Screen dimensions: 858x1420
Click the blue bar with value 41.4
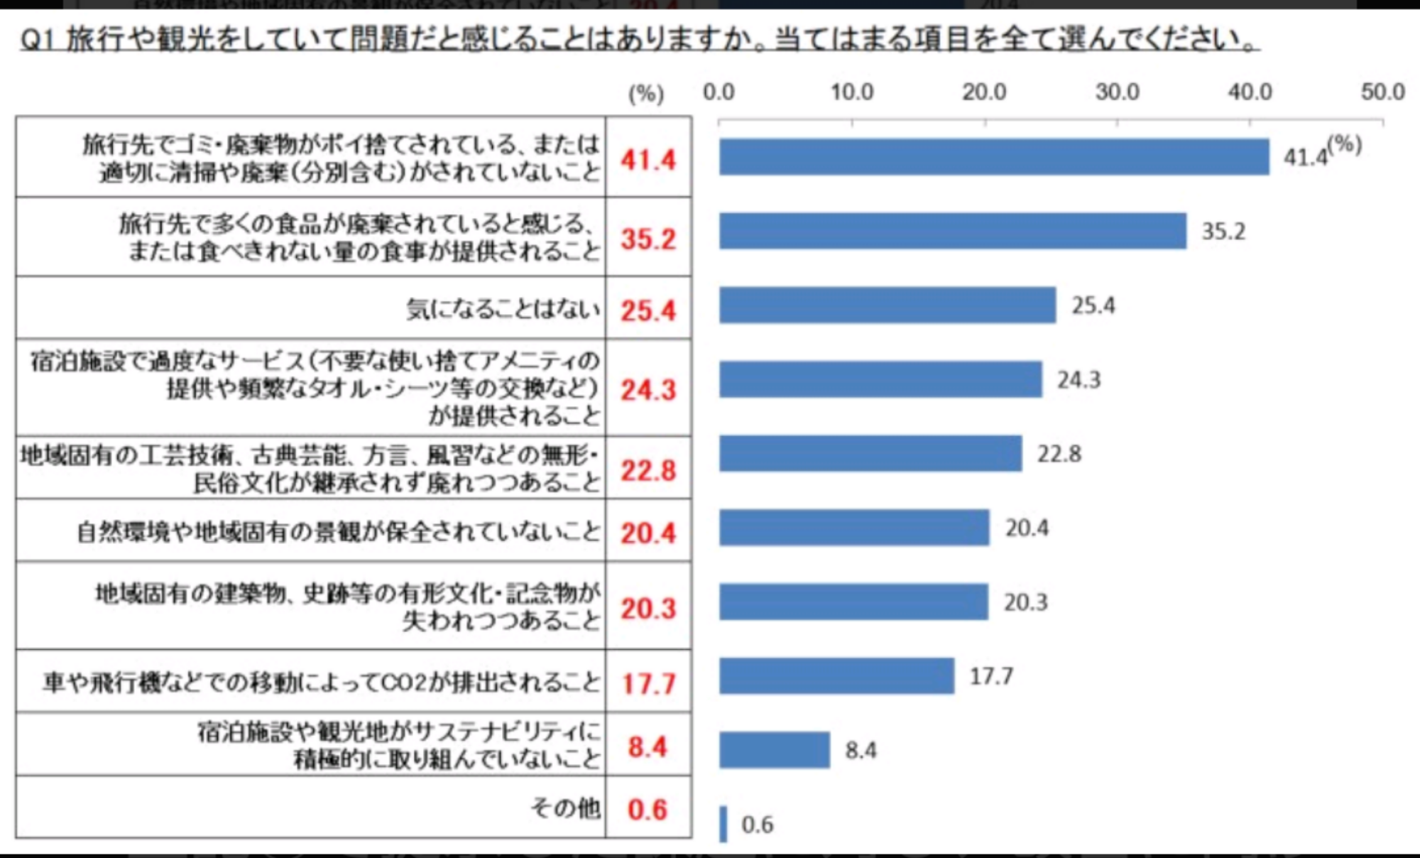[994, 157]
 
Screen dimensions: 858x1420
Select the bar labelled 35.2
[952, 231]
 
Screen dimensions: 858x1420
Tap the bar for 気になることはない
[887, 305]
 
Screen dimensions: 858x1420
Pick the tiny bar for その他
[723, 824]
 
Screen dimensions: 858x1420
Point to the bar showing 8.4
[774, 750]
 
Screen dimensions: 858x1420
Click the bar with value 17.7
[836, 676]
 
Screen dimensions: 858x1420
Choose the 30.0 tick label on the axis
[1117, 92]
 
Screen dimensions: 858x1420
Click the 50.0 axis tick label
[1382, 92]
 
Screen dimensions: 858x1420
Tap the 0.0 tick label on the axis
[719, 92]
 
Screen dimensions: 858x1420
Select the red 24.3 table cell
[648, 390]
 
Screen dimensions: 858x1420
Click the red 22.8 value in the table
[648, 470]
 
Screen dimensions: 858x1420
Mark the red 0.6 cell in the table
[647, 810]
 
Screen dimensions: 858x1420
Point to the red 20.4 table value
[648, 533]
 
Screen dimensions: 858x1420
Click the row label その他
[565, 808]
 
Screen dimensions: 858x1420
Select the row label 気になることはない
[503, 310]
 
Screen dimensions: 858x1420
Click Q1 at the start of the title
[37, 40]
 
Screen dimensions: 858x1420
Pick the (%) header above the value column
[646, 94]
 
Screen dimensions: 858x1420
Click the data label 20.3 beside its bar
[1025, 603]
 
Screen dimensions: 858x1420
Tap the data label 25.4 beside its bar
[1093, 306]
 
